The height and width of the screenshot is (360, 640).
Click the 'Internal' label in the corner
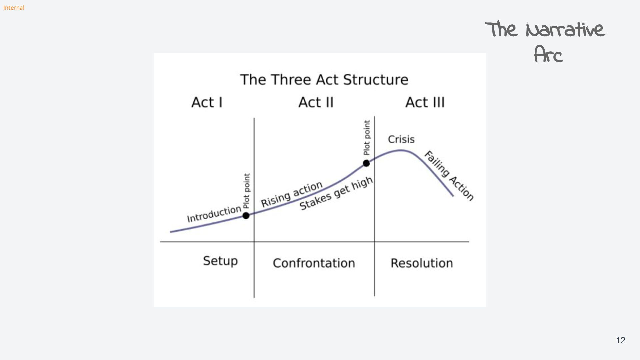[14, 8]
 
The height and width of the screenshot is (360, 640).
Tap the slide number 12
[620, 340]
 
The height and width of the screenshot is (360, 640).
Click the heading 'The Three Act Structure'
[324, 80]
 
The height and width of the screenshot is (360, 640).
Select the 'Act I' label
[207, 102]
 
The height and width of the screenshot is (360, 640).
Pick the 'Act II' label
[316, 102]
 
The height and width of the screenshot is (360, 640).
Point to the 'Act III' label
[425, 102]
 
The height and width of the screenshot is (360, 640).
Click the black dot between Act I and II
[246, 216]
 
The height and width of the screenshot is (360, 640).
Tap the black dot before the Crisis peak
[366, 163]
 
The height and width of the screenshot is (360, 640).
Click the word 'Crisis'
[401, 139]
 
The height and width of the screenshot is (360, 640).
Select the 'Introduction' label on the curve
[214, 214]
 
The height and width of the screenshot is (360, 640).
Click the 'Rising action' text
[292, 194]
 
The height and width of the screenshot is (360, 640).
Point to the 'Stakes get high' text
[336, 193]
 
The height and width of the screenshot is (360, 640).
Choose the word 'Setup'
[220, 261]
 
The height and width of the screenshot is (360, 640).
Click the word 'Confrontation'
[314, 263]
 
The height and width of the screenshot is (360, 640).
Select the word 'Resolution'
[422, 263]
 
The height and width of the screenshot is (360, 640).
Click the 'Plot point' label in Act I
[246, 191]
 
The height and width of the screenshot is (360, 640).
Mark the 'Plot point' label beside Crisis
[367, 138]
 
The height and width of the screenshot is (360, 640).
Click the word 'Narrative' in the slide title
[565, 30]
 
